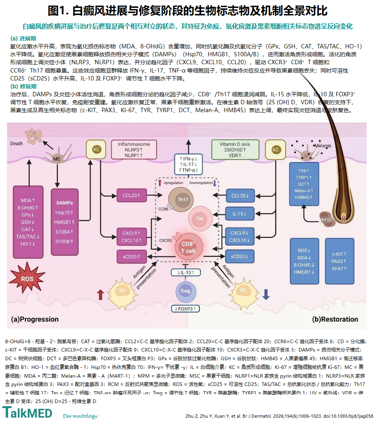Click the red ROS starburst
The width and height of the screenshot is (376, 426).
tap(27, 278)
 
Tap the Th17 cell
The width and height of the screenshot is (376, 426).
tap(181, 200)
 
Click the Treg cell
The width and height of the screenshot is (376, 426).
tap(186, 291)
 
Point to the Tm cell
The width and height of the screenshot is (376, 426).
tap(200, 219)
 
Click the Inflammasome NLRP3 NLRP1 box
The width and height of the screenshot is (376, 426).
tap(134, 149)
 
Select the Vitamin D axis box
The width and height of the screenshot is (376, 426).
tap(235, 149)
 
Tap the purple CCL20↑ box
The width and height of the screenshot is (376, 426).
tap(132, 195)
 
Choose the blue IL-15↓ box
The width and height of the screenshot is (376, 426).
tap(240, 214)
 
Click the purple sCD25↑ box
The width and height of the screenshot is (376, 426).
tap(132, 256)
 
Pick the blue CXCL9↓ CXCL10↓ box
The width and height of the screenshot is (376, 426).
tap(240, 237)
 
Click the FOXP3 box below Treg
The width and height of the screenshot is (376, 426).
tap(185, 309)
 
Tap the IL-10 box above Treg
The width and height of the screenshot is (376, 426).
tap(186, 272)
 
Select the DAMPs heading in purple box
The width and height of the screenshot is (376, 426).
tap(65, 202)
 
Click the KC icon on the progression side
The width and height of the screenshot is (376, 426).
tap(96, 149)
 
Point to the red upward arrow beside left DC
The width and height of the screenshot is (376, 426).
tap(101, 295)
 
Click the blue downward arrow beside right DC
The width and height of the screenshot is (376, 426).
tap(266, 294)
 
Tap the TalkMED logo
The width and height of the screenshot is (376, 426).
tap(27, 413)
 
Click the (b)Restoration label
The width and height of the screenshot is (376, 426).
tap(335, 319)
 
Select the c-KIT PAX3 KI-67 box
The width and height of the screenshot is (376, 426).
tap(340, 261)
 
